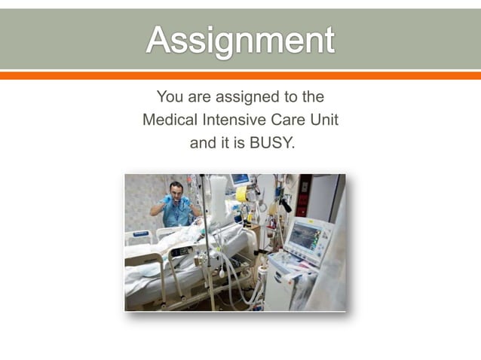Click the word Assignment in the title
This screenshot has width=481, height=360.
click(x=240, y=39)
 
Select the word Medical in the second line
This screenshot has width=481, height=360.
click(x=168, y=119)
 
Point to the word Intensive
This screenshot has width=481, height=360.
click(x=229, y=119)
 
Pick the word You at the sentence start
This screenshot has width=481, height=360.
click(x=170, y=97)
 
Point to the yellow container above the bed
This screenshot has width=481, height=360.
click(x=241, y=194)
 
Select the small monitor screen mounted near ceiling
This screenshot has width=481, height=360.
click(x=240, y=179)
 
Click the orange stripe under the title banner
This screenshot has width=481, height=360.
click(x=240, y=75)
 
